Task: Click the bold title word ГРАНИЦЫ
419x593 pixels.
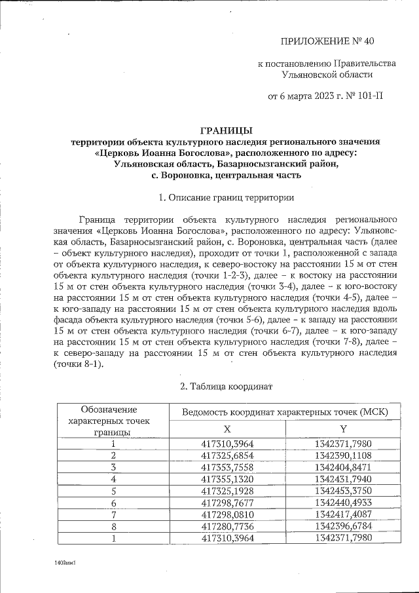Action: (225, 130)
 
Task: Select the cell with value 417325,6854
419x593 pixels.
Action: (228, 455)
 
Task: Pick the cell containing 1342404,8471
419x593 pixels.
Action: (343, 467)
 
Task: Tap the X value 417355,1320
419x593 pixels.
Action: (228, 478)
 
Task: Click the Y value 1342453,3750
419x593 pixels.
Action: (343, 490)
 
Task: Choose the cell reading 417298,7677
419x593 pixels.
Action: (228, 502)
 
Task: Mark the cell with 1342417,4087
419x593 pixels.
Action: (343, 514)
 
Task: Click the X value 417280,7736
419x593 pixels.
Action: (228, 526)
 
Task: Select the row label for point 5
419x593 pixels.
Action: (113, 490)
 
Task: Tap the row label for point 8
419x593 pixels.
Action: (113, 526)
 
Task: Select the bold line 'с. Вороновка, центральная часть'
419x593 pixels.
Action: (225, 175)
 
